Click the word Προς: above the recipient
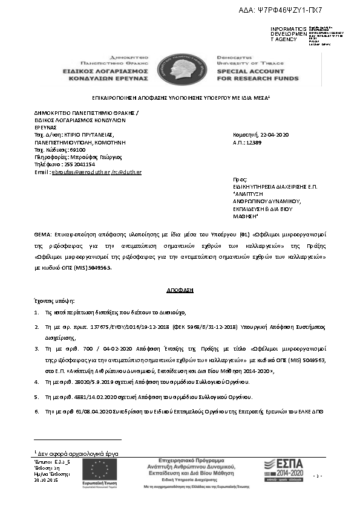[240, 180]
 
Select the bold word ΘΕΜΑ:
[44, 233]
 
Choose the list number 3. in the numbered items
[36, 349]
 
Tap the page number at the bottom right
[334, 476]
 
